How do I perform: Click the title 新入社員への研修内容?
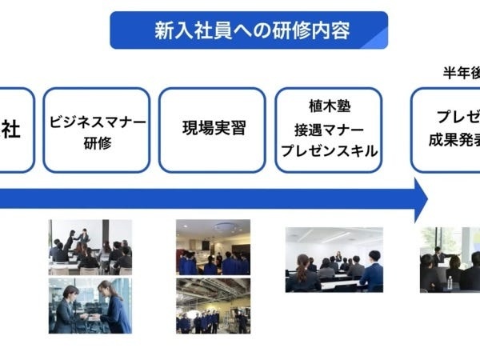248,30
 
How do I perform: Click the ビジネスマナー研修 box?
97,130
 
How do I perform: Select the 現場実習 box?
212,130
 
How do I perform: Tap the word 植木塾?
326,106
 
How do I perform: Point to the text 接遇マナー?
326,129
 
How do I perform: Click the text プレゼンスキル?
326,151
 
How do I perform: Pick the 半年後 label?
462,73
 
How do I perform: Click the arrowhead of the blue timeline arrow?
418,199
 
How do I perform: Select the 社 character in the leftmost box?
10,130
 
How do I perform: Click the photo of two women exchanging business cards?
90,306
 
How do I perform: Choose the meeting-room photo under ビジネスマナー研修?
90,246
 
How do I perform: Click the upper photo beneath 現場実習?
213,246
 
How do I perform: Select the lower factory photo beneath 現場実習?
213,306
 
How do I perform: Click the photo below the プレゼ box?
450,259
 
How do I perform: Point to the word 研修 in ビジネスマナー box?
97,142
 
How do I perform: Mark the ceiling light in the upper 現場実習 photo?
225,226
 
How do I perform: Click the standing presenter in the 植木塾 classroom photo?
338,258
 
